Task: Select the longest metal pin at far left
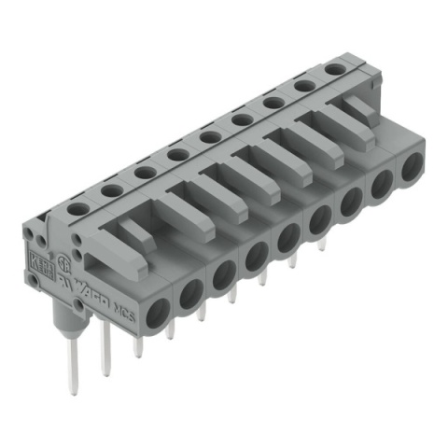pyautogui.click(x=72, y=368)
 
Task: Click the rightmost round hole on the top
pyautogui.click(x=334, y=70)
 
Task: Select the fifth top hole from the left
pyautogui.click(x=210, y=137)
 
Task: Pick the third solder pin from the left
pyautogui.click(x=138, y=345)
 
